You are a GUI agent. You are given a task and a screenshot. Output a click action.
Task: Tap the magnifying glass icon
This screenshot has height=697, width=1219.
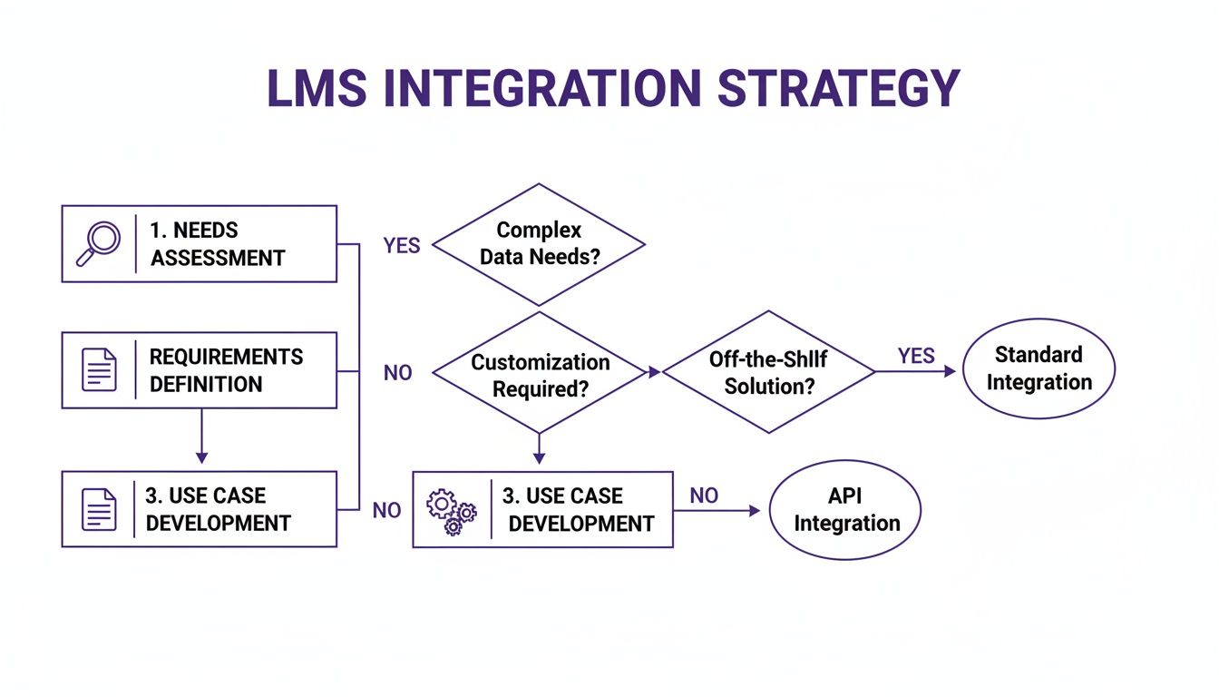coord(98,243)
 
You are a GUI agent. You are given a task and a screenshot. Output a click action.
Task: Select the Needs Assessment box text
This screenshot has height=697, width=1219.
coord(218,244)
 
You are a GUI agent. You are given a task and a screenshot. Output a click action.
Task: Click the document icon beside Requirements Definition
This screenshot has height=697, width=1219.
coord(99,370)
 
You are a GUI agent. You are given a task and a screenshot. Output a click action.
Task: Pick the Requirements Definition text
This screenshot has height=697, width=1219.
coord(226,370)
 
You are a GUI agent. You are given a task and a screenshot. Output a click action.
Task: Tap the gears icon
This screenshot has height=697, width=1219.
coord(451,510)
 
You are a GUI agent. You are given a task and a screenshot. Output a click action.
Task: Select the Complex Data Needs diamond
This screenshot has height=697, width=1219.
coord(539,244)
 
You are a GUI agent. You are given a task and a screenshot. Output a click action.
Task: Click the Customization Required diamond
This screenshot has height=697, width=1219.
coord(540,375)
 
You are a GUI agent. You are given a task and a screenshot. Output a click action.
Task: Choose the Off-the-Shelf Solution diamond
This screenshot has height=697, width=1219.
coord(768,372)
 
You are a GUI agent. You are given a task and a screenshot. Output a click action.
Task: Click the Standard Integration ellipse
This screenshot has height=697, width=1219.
coord(1039,368)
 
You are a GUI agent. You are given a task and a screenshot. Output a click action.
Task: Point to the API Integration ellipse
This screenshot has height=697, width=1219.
coord(845,509)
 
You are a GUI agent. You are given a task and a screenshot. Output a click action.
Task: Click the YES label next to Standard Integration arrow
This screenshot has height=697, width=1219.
coord(916,356)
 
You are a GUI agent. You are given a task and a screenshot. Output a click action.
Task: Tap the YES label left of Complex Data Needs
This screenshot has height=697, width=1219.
coord(402,246)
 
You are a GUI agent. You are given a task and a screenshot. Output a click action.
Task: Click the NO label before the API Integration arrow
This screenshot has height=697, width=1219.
coord(704,496)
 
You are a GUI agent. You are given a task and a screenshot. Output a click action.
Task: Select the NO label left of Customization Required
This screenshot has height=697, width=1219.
coord(397,373)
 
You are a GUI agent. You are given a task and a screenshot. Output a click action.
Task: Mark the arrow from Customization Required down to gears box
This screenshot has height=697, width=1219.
coord(540,450)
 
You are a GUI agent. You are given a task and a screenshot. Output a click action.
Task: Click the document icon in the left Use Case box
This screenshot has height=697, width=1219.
coord(99,509)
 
